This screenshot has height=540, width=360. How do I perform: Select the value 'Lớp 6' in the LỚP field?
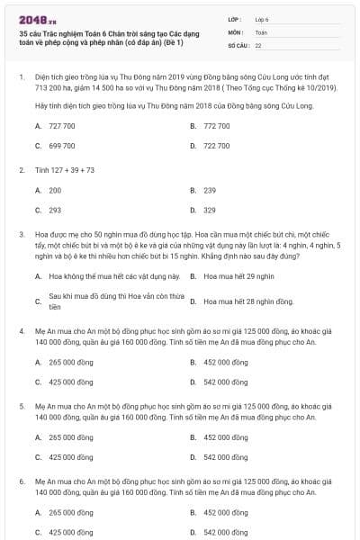coord(262,19)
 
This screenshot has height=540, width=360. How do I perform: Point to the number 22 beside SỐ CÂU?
coord(258,45)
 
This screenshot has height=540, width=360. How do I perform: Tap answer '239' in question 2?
coord(210,190)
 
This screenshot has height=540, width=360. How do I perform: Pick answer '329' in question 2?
coord(210,210)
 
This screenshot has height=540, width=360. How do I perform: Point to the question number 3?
coord(22,234)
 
